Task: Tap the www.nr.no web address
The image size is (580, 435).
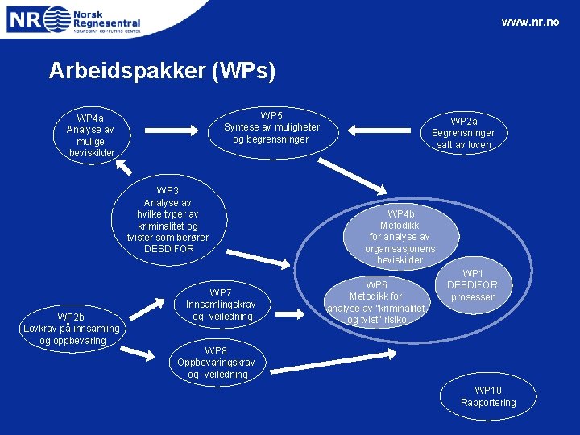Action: pos(529,22)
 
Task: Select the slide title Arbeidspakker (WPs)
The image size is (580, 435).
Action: pos(162,71)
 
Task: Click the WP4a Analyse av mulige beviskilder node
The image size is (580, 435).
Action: pos(91,135)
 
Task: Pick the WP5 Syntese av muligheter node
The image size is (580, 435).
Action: pos(271,127)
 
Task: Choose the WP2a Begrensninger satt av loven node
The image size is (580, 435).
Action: pos(463,133)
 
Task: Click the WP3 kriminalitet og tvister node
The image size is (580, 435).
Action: pos(168,220)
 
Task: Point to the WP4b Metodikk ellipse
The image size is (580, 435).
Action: pos(400,237)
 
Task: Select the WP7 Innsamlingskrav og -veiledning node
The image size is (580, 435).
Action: pos(220,304)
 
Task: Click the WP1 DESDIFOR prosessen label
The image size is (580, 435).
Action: pos(472,285)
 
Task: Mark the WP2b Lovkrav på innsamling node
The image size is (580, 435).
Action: pos(72,328)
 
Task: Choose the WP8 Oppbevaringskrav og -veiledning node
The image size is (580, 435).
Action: pos(217,362)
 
